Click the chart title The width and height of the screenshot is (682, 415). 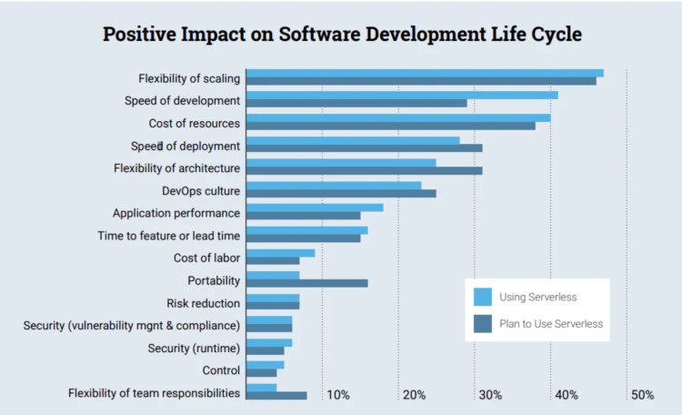341,35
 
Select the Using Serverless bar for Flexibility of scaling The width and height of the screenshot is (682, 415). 425,73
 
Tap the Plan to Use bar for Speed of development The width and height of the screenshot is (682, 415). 356,103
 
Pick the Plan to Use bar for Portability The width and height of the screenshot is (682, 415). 306,283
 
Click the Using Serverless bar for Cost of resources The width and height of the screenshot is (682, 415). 398,117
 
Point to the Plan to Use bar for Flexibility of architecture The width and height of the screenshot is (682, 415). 364,170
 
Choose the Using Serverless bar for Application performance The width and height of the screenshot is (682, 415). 315,207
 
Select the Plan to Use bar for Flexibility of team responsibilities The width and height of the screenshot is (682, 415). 276,396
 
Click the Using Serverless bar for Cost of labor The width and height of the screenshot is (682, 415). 280,253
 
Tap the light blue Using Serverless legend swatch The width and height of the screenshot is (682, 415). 483,297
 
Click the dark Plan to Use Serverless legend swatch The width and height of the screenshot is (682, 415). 483,323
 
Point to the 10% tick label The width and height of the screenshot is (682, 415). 338,395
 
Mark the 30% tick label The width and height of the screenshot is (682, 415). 490,395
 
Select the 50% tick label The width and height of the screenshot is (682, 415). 642,395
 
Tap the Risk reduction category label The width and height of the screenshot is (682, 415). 203,303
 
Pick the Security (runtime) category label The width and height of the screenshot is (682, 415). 194,348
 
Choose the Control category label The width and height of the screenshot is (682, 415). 221,370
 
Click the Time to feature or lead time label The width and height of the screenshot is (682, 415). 169,236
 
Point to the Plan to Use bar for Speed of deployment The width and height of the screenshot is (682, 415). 364,147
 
